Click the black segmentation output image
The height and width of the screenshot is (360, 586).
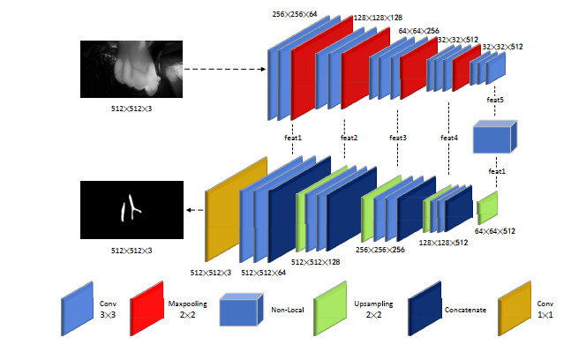tap(131, 210)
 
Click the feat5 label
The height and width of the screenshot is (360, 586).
tap(496, 100)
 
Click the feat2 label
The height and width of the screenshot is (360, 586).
tap(349, 138)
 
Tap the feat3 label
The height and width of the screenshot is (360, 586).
tap(399, 138)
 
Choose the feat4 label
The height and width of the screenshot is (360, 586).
tap(449, 138)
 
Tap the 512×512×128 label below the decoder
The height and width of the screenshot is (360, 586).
tap(315, 261)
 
